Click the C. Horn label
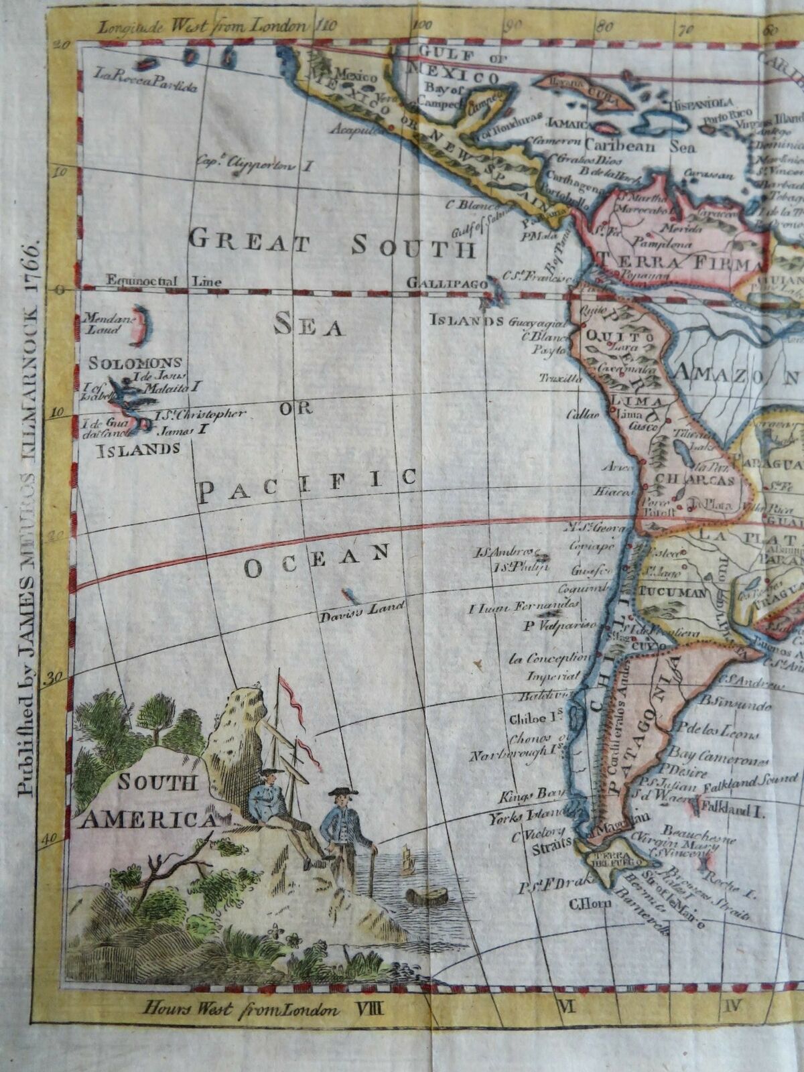point(583,902)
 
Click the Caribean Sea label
point(640,145)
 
